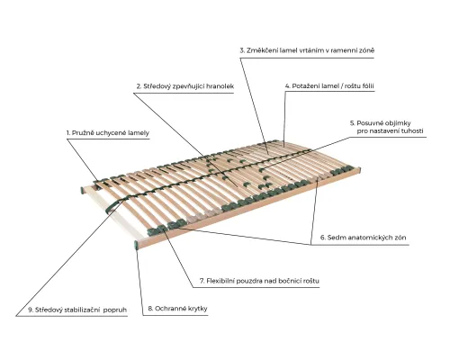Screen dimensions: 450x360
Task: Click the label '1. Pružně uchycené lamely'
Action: tap(108, 133)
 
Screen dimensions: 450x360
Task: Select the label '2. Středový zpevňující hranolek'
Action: tap(185, 86)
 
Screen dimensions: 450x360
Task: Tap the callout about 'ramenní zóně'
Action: tap(307, 50)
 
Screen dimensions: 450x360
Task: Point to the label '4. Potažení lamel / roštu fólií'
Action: tap(329, 86)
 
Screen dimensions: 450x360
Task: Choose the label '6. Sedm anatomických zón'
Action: tap(364, 238)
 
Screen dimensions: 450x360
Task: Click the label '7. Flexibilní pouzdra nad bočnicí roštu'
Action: tap(259, 281)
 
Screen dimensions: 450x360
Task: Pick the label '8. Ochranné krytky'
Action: tap(177, 309)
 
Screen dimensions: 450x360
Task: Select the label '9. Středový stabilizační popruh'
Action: tap(77, 310)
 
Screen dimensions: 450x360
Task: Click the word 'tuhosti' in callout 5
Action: tap(410, 131)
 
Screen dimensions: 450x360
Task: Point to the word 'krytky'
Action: tap(197, 309)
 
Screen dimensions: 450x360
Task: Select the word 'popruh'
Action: tap(115, 310)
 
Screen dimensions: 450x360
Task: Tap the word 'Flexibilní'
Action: tap(220, 281)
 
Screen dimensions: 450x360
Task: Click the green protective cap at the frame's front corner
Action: tap(136, 245)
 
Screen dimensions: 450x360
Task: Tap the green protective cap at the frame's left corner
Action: tap(83, 190)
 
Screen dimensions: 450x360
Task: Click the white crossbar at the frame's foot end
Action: tap(112, 213)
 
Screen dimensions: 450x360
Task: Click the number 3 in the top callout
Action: tap(241, 50)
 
